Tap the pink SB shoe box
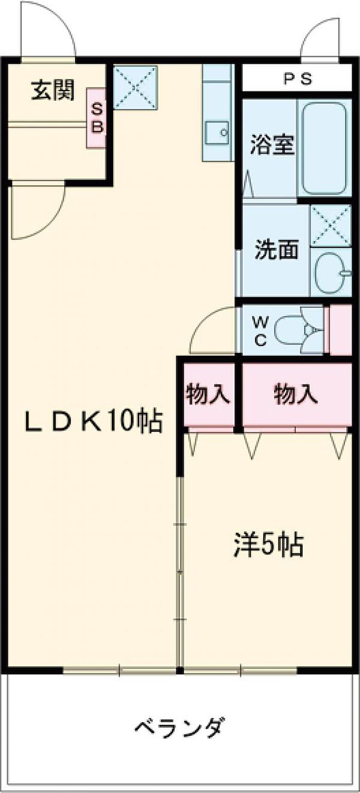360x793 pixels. pos(96,118)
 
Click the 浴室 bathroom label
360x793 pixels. pos(272,146)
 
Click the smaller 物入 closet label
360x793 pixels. pos(207,394)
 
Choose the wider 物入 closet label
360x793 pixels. pos(294,394)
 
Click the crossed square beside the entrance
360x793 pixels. pos(135,87)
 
